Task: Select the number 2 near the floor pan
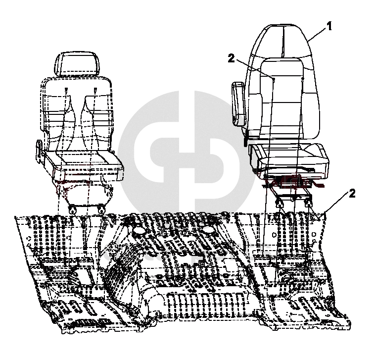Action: [352, 194]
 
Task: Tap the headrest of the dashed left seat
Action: [78, 64]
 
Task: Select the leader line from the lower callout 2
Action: [331, 204]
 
